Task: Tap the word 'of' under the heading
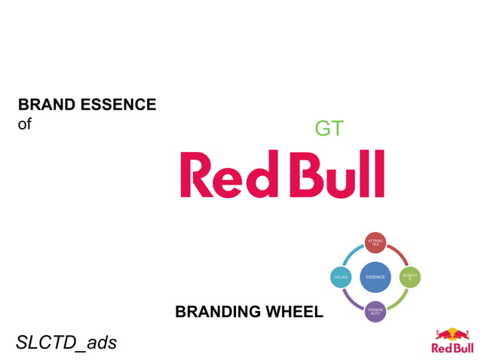tap(25, 124)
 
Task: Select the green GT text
tap(329, 129)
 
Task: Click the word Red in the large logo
tap(229, 174)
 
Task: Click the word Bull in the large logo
tap(337, 174)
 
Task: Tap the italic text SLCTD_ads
tap(66, 343)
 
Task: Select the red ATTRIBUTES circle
tap(375, 243)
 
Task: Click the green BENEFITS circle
tap(409, 277)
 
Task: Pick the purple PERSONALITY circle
tap(375, 311)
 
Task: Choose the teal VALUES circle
tap(341, 277)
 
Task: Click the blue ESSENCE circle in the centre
tap(375, 277)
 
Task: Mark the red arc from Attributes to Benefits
tap(400, 252)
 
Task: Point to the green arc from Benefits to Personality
tap(400, 302)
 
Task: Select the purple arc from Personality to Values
tap(351, 302)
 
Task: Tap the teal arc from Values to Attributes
tap(351, 252)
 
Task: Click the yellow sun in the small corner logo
tap(451, 334)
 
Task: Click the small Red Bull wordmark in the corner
tap(451, 348)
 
